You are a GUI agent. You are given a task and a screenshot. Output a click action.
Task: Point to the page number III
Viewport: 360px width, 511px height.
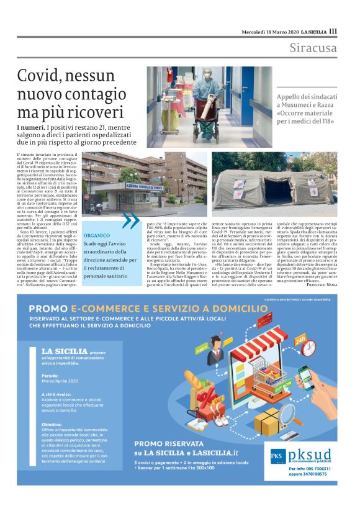click(x=333, y=31)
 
